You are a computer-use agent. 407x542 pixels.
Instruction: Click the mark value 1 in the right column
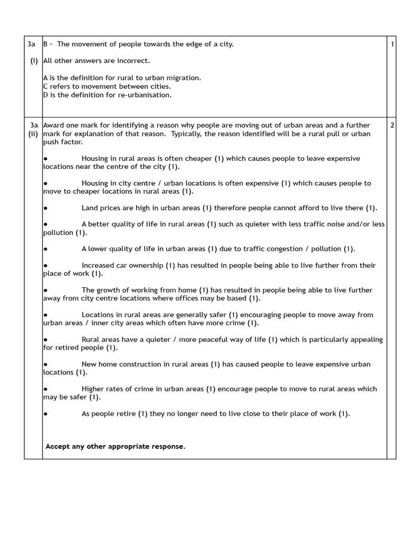[x=392, y=44]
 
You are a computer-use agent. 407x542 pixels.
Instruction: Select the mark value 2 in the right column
[x=392, y=125]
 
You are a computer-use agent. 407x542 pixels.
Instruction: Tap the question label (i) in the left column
[x=34, y=61]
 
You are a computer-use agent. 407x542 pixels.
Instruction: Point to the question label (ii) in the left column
[x=33, y=134]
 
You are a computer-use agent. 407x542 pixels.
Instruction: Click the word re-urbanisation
[x=146, y=95]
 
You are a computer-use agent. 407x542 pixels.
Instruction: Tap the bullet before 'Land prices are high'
[x=46, y=208]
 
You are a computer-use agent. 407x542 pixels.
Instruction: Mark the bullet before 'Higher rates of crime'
[x=46, y=389]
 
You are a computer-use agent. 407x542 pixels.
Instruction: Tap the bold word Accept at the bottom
[x=57, y=446]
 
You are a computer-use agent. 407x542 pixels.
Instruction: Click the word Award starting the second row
[x=53, y=125]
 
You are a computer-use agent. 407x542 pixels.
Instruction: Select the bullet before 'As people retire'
[x=46, y=413]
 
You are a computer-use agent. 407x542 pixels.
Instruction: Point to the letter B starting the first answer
[x=46, y=44]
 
